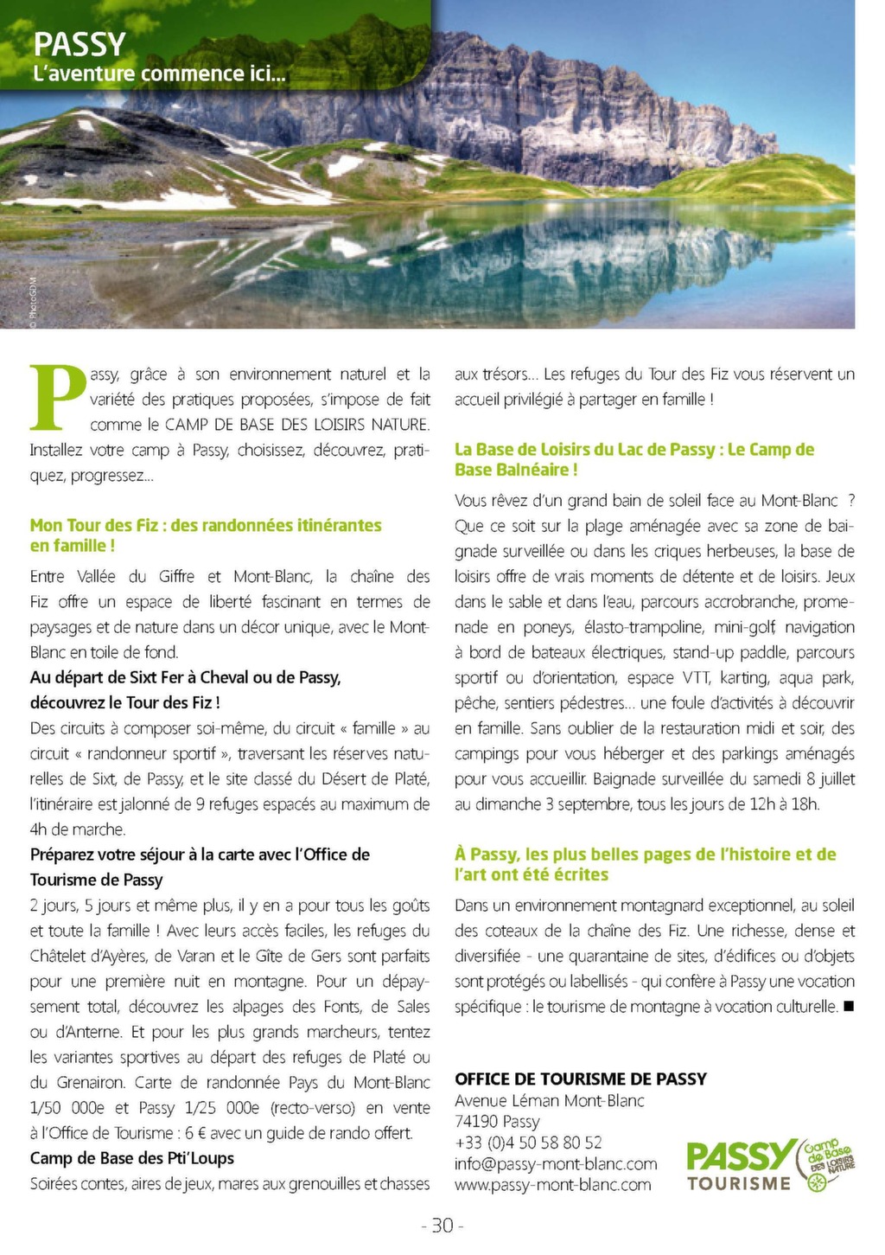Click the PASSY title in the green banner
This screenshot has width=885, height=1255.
point(80,44)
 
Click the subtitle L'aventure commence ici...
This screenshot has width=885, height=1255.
point(158,74)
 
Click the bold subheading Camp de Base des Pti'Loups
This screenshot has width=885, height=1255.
point(131,1158)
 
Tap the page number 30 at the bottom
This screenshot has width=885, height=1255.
point(442,1226)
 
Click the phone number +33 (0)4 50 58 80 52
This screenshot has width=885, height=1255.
point(528,1143)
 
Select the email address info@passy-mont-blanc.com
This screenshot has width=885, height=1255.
point(556,1164)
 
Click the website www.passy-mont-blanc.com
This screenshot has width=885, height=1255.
point(552,1185)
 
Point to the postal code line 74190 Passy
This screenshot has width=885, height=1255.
point(497,1122)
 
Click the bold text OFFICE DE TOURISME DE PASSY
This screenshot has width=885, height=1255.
point(580,1079)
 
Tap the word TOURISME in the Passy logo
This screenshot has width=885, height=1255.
point(739,1183)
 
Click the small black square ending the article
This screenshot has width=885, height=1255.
point(848,1006)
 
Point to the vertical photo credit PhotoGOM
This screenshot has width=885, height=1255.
point(32,302)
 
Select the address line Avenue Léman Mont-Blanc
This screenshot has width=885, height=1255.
point(549,1100)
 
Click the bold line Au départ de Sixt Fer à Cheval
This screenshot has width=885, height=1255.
point(185,677)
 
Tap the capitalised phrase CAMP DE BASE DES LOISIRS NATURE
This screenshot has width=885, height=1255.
point(296,425)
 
